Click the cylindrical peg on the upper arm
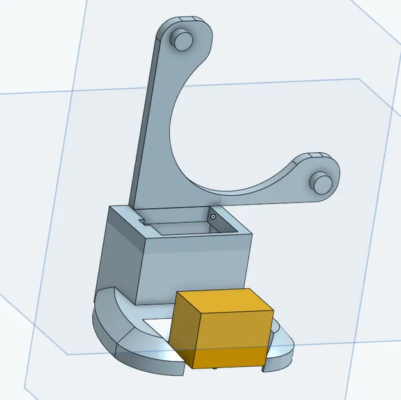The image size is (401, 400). point(183,39)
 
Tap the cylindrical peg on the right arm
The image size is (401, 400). point(322,182)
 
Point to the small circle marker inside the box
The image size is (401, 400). point(213,217)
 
